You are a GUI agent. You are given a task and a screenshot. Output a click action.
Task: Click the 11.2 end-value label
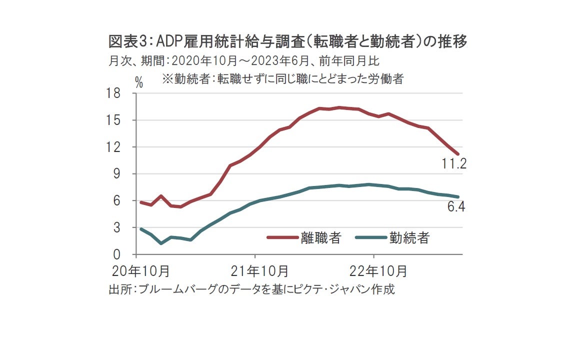click(x=453, y=164)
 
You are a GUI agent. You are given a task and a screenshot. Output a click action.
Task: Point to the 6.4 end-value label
click(x=456, y=206)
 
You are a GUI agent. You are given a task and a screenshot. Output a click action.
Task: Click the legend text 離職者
click(x=320, y=237)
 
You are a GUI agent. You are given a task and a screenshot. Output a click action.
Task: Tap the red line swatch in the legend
click(x=283, y=237)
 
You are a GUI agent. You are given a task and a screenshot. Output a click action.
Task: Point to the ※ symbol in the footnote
click(x=167, y=78)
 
